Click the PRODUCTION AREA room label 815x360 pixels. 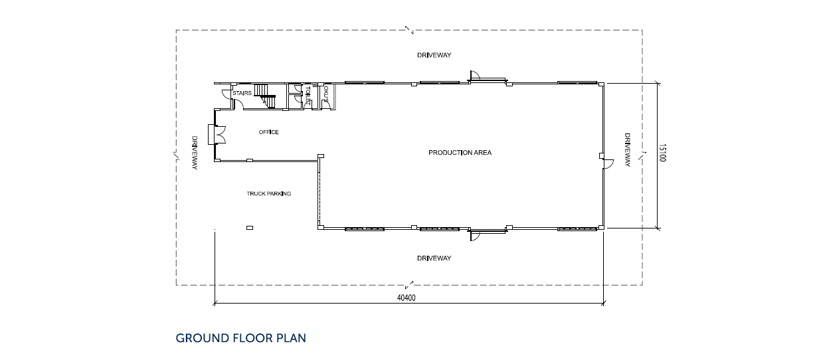coord(460,153)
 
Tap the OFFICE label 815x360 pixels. coord(268,132)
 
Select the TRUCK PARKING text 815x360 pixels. coord(269,194)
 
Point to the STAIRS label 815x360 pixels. coord(242,93)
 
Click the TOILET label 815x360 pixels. coord(308,94)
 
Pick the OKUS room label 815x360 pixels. coord(326,94)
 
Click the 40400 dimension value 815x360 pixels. coord(406,298)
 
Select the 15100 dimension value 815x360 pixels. coord(662,153)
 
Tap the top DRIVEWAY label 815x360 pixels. coord(434,55)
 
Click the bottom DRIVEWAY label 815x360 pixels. coord(434,258)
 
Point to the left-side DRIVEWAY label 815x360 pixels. coord(195,153)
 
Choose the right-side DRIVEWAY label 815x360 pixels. coord(627,150)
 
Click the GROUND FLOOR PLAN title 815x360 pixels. coord(241,338)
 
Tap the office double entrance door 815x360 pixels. coord(217,135)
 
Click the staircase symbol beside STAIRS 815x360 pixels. coord(265,96)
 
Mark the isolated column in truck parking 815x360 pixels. coord(250,228)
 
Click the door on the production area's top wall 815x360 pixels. coord(475,75)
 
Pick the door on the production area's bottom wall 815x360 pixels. coord(475,236)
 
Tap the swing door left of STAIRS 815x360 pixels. coord(227,93)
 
